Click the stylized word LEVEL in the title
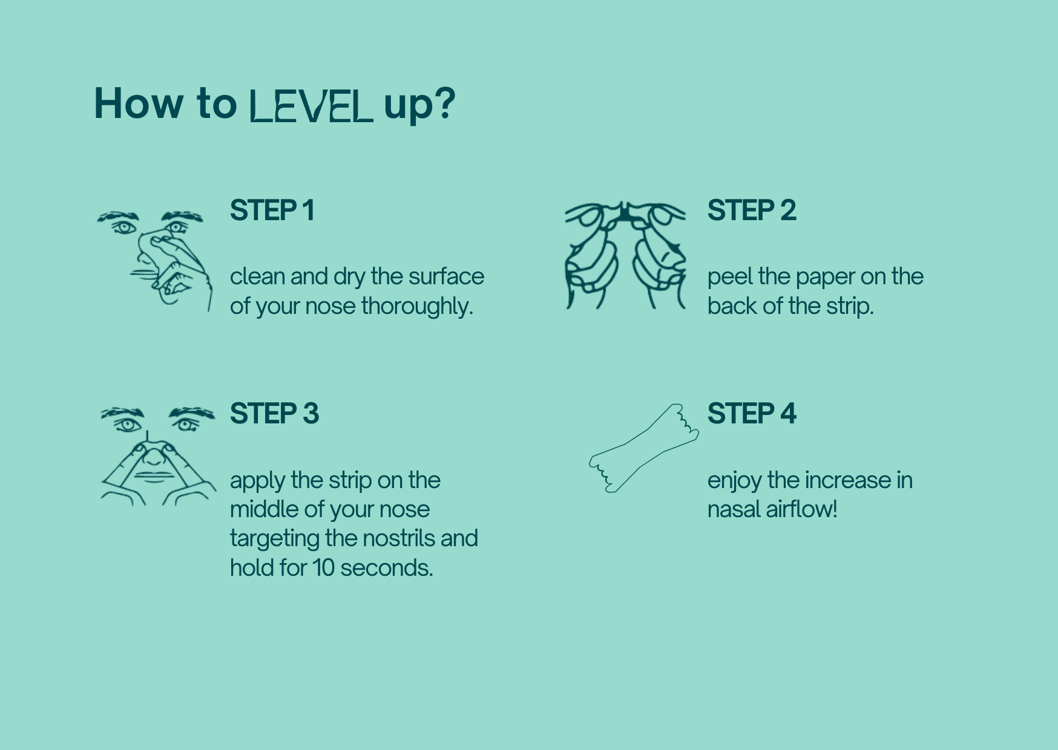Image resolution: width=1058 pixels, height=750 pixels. [311, 106]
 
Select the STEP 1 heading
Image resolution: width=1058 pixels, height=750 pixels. [272, 210]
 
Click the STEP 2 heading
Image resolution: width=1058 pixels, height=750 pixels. [751, 210]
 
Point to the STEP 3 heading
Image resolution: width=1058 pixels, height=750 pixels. [274, 414]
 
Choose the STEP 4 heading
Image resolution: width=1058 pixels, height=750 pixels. [751, 414]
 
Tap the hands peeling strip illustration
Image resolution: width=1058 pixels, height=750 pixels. [625, 255]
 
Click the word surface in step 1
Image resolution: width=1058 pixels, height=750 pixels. [446, 276]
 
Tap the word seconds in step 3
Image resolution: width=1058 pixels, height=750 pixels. [386, 568]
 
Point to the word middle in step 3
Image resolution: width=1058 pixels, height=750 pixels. [264, 509]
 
